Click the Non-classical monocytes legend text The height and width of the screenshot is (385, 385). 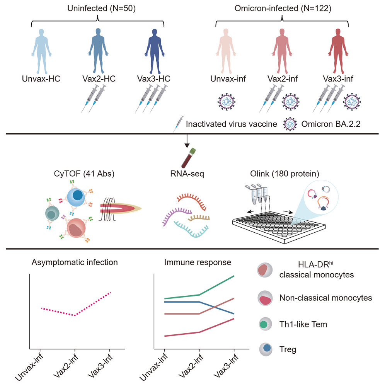[325, 298]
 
